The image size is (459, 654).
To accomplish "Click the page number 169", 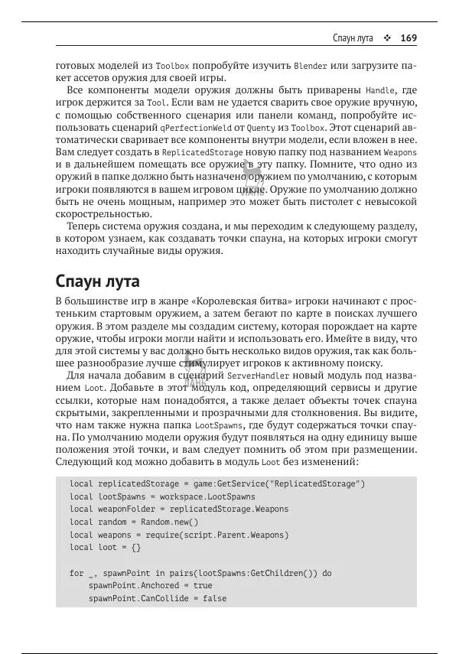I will tap(408, 37).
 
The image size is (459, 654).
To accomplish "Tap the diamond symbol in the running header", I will tap(387, 37).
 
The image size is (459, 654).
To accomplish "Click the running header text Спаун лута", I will tap(353, 37).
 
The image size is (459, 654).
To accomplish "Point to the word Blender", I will tap(311, 67).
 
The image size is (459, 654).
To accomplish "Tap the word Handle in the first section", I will tap(382, 90).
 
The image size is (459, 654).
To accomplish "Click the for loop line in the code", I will tap(200, 573).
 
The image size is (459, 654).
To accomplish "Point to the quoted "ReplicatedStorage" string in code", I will tap(319, 484).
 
